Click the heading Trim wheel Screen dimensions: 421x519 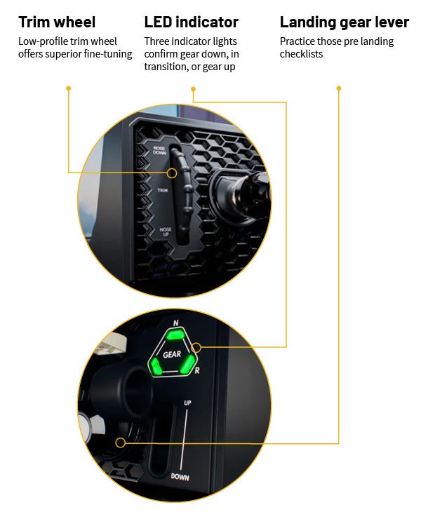[57, 22]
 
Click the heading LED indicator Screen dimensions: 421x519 [191, 22]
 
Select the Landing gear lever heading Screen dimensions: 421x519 [344, 23]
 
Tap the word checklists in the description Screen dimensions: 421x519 [301, 54]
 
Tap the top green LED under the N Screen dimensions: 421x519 [175, 335]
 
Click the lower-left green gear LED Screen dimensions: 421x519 [156, 366]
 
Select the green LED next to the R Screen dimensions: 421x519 [187, 364]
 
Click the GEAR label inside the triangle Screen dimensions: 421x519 [172, 354]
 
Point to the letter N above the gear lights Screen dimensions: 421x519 [175, 323]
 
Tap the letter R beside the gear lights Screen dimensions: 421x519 [197, 370]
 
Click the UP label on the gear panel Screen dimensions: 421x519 [187, 403]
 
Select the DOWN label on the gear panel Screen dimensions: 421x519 [180, 477]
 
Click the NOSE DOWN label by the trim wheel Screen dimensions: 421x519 [159, 150]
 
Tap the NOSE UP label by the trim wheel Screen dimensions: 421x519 [166, 231]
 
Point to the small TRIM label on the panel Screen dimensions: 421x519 [163, 190]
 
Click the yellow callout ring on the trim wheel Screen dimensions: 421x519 [172, 173]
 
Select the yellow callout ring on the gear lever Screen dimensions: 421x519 [120, 443]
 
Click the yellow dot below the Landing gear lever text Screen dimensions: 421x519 [338, 88]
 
